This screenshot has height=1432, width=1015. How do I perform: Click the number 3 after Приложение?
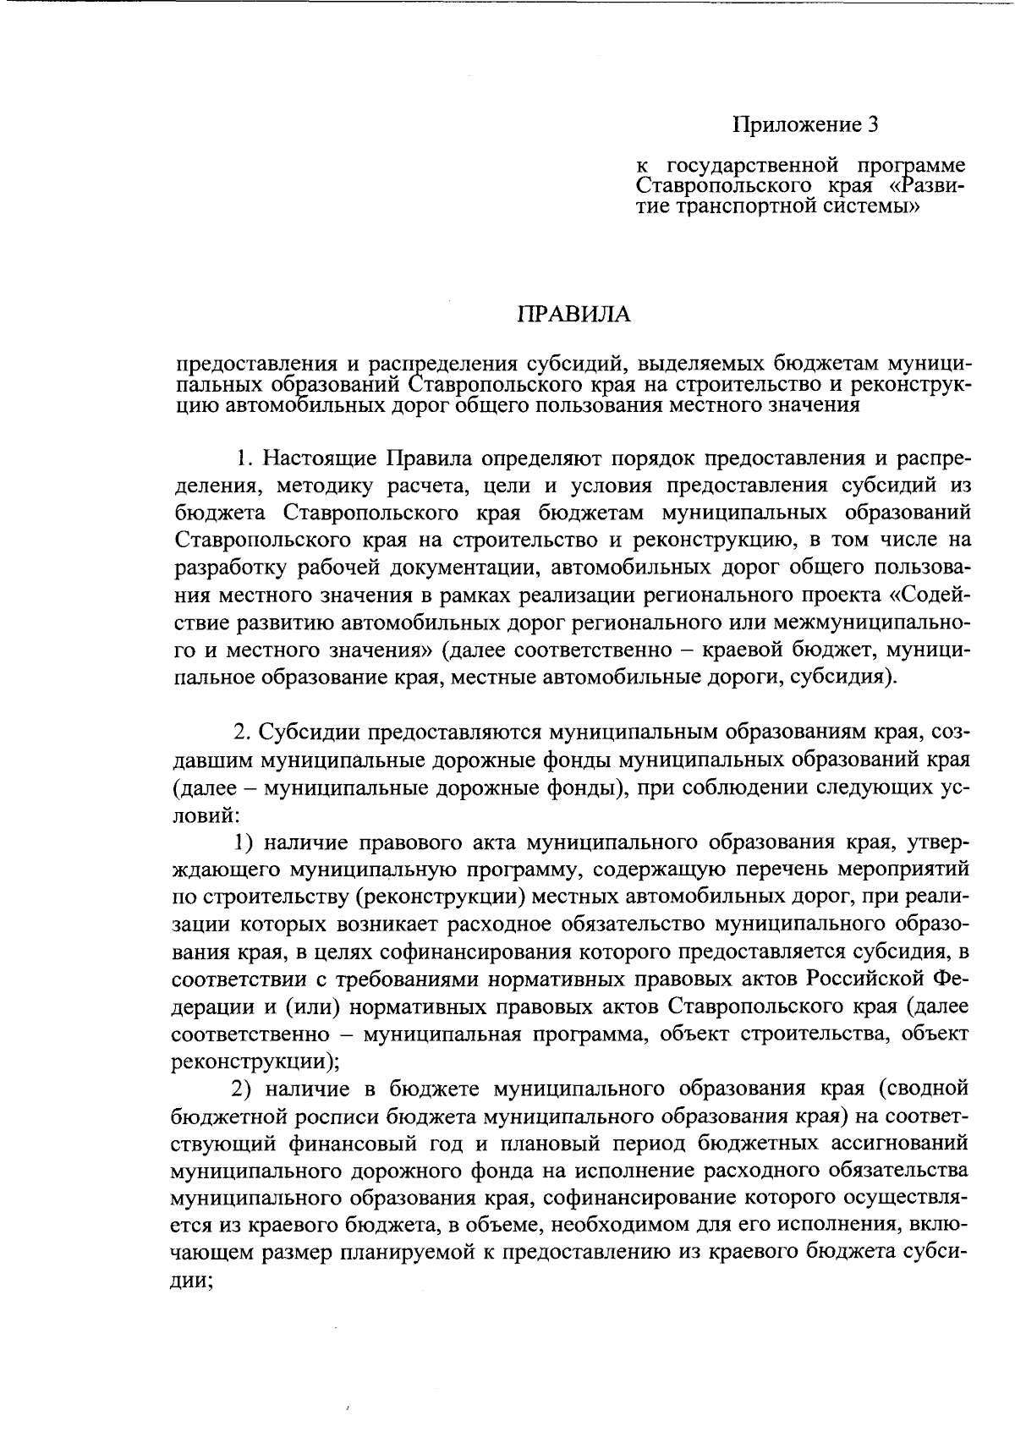[x=873, y=126]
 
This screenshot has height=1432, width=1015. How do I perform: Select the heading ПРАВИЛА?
[x=574, y=315]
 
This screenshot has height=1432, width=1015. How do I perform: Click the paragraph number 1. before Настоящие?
[x=244, y=459]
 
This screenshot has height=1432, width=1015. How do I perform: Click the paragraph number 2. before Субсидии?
[x=244, y=730]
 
